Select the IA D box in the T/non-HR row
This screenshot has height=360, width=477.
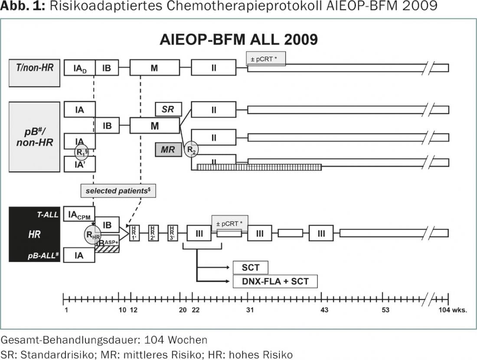pos(79,68)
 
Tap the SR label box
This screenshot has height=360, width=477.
pos(168,109)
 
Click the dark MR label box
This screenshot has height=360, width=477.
pos(168,150)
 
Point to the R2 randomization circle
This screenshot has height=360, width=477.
pos(191,149)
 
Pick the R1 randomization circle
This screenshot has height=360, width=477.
pos(82,152)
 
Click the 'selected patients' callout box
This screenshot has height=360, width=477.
pos(118,191)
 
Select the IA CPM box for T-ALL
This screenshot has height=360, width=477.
pos(79,214)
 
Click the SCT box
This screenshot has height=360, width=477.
pos(250,268)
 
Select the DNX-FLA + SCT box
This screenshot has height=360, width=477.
pos(275,281)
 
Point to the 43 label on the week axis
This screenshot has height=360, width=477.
pos(324,310)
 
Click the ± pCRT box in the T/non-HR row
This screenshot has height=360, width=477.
pos(266,58)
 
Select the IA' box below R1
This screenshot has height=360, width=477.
pos(79,164)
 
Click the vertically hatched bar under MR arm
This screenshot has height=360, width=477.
pos(259,167)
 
